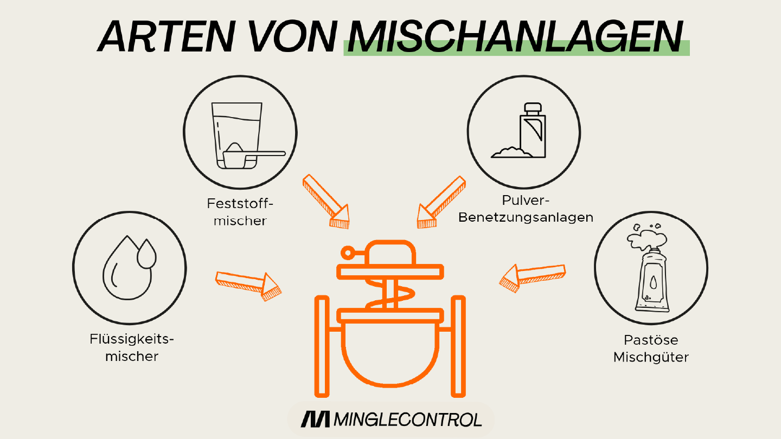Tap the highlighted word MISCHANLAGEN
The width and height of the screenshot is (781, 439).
(x=515, y=37)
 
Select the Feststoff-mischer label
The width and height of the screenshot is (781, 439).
(x=240, y=212)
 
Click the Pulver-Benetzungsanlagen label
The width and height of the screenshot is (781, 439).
(x=525, y=209)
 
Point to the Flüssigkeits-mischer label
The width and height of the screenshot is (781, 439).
(x=132, y=348)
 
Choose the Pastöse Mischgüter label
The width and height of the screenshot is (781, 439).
(x=651, y=348)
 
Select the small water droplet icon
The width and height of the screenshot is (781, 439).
(x=146, y=254)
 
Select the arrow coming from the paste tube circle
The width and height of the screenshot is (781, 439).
(x=532, y=276)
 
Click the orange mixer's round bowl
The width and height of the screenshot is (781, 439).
(x=390, y=352)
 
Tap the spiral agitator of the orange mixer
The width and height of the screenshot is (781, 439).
(x=389, y=296)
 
